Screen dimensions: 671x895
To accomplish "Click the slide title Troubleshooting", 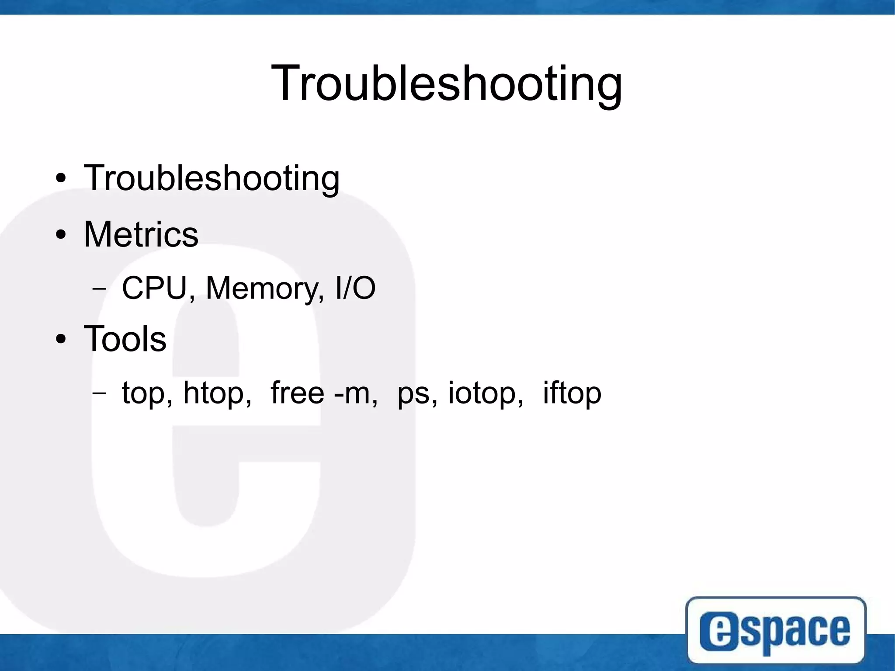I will click(447, 83).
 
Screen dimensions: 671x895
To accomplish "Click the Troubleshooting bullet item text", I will click(212, 178).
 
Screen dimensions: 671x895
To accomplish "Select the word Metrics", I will click(141, 234).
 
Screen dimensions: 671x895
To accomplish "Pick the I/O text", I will click(355, 288).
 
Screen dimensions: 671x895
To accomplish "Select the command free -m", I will click(324, 392).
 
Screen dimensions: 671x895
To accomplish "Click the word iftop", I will click(572, 393).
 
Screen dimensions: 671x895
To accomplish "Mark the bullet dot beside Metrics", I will click(61, 235).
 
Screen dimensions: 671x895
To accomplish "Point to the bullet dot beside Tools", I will click(61, 339).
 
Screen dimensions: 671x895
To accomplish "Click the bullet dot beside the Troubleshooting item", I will click(61, 178).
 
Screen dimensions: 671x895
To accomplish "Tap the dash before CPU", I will click(99, 289).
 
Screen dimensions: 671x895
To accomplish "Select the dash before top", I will click(99, 393).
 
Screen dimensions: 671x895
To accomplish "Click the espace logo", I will click(776, 629).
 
